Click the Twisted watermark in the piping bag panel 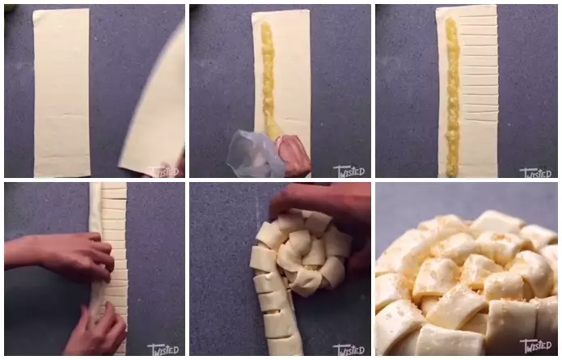pos(349,171)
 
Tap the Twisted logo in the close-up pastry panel pos(535,346)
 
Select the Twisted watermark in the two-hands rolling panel pos(163,349)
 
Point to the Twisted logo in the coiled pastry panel pos(349,349)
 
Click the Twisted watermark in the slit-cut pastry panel pos(535,172)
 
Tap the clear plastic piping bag pos(255,154)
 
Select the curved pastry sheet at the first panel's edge pos(158,105)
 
